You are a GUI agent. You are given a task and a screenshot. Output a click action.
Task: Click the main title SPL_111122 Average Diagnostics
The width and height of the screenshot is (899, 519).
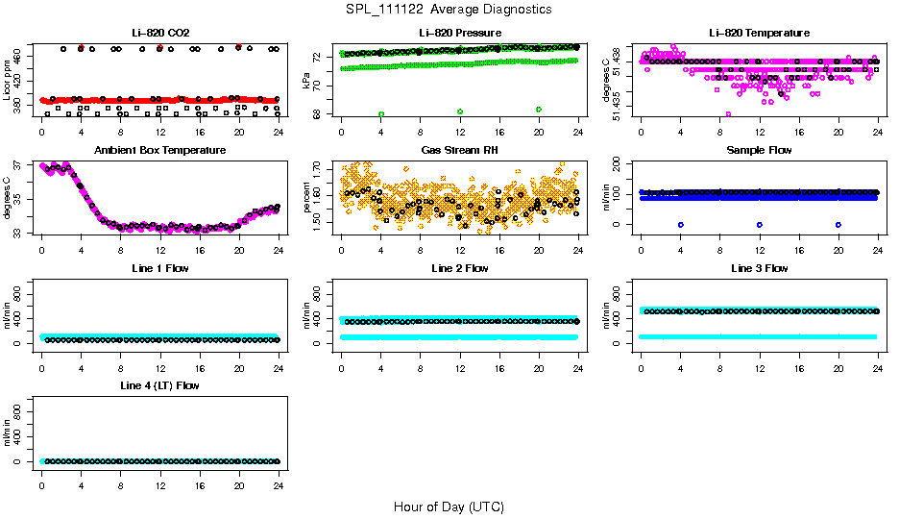(x=449, y=9)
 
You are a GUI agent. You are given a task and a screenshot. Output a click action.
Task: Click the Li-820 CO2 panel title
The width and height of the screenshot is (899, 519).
(x=160, y=34)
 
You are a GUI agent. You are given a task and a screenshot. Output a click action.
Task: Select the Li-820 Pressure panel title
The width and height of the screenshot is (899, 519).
(x=459, y=34)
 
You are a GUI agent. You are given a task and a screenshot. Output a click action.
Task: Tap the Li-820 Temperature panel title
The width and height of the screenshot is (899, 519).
(x=759, y=34)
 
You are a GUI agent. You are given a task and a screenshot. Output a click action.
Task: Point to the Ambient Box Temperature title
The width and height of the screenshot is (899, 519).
(x=160, y=151)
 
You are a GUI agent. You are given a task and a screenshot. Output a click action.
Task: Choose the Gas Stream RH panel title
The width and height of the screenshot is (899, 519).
(x=459, y=151)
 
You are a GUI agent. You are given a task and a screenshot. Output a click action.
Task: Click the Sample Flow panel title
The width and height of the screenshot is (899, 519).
(x=759, y=151)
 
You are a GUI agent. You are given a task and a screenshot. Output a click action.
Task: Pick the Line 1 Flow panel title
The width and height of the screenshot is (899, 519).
(x=160, y=268)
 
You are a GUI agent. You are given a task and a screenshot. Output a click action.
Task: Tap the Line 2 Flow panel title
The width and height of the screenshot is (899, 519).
(x=459, y=268)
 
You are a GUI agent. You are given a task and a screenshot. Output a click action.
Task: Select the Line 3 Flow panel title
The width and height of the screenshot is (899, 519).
(x=759, y=268)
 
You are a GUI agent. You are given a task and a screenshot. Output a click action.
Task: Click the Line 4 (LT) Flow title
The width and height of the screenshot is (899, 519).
(x=160, y=385)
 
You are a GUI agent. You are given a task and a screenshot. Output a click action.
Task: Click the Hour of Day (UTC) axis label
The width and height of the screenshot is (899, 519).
(x=449, y=507)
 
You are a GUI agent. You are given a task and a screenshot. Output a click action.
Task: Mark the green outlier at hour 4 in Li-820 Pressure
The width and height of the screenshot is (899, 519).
(x=381, y=113)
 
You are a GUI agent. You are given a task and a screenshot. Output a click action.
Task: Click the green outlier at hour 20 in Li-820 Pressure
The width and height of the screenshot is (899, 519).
(x=539, y=110)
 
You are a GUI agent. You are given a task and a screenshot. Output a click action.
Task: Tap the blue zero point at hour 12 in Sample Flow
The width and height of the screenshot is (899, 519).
(x=760, y=224)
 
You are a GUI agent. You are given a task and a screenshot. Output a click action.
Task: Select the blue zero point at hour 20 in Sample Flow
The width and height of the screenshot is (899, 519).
(x=838, y=224)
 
